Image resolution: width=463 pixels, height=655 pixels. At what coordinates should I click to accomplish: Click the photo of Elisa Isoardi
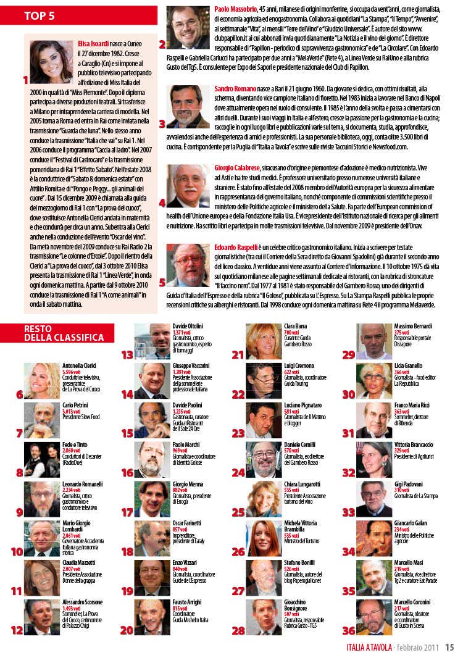coord(51,62)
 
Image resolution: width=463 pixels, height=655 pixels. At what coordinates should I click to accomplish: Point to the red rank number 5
coord(162,283)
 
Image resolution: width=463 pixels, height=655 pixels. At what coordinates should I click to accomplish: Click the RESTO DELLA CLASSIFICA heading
coord(64,333)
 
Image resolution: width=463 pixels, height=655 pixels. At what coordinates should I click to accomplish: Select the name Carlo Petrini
coord(75,406)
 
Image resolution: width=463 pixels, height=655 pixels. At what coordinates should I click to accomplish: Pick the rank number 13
coord(127,354)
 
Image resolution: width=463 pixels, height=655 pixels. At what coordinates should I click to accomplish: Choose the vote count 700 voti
coord(291,332)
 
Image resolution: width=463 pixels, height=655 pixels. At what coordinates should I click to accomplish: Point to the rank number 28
coord(238,630)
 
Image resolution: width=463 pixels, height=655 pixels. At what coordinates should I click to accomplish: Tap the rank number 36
coord(349,630)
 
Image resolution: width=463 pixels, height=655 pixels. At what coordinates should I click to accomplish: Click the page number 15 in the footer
coord(449,647)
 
